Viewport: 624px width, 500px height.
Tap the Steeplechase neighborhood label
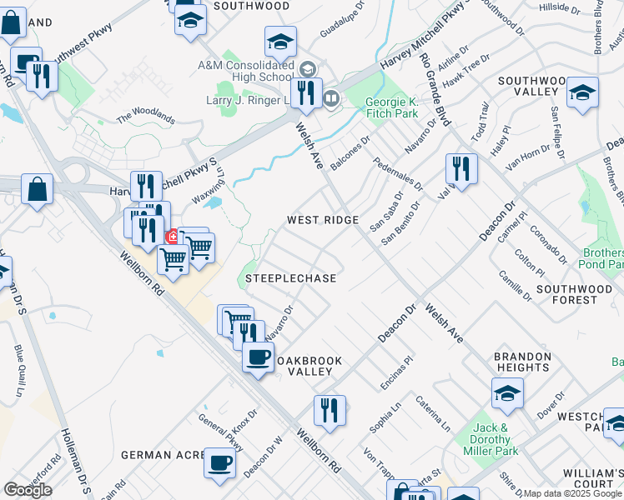[291, 277]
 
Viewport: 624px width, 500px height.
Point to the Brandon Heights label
[522, 362]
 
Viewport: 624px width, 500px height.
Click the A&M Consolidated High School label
[245, 71]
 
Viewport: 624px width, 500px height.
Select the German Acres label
[163, 454]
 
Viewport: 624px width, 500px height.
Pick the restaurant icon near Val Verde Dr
[460, 167]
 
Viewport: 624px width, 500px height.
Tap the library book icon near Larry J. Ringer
[331, 99]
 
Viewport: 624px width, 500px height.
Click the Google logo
[28, 490]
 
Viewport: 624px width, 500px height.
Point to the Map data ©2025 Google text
[572, 494]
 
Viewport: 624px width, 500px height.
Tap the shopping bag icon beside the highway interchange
[38, 188]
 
